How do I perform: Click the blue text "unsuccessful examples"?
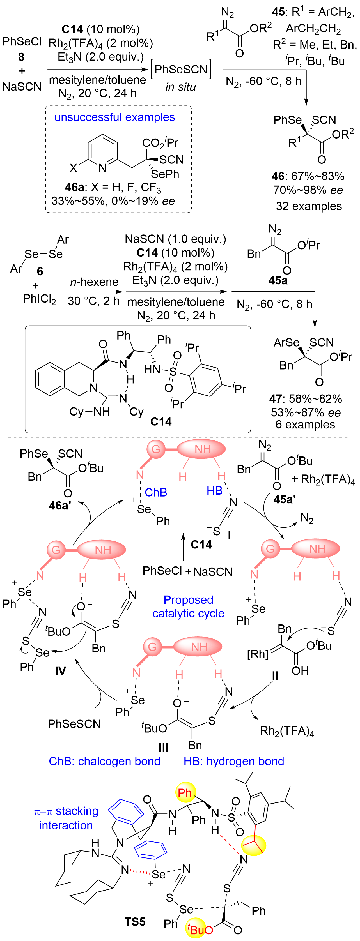point(114,117)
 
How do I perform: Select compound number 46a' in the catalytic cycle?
point(59,506)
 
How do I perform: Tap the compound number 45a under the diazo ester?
point(278,281)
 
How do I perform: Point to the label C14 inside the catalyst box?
point(161,421)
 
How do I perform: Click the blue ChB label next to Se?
point(156,492)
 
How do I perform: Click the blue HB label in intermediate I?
point(215,491)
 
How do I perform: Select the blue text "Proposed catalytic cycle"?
point(188,606)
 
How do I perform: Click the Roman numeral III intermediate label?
point(163,748)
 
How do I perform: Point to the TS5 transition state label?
point(135,922)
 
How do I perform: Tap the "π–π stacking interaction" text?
point(66,818)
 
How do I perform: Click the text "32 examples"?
point(309,206)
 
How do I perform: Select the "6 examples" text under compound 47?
point(305,425)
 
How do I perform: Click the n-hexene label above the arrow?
point(94,282)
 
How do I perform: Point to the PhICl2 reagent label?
point(40,299)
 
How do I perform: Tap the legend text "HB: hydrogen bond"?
point(234,761)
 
